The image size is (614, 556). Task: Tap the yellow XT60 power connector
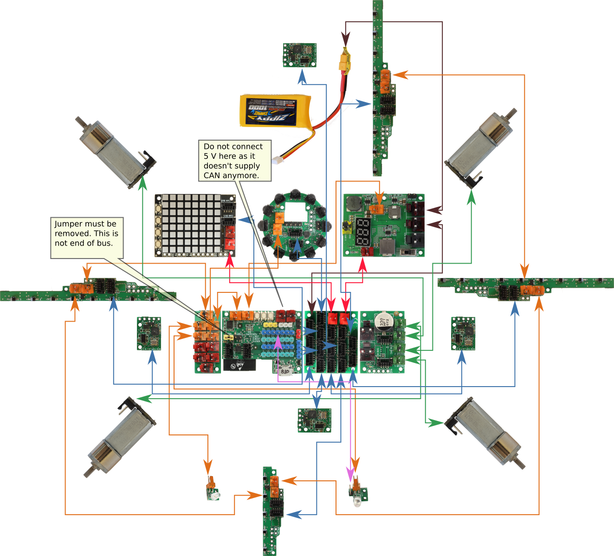click(x=345, y=61)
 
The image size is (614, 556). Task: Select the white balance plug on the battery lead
click(x=279, y=160)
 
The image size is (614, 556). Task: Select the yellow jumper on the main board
click(x=228, y=337)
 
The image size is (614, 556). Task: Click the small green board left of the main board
click(x=149, y=333)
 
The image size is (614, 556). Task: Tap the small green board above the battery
click(x=300, y=55)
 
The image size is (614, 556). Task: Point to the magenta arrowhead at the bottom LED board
click(x=350, y=474)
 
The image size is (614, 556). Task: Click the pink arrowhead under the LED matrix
click(x=230, y=260)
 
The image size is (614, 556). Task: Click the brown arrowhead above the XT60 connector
click(x=345, y=38)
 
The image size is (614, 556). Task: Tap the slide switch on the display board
click(x=408, y=252)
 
